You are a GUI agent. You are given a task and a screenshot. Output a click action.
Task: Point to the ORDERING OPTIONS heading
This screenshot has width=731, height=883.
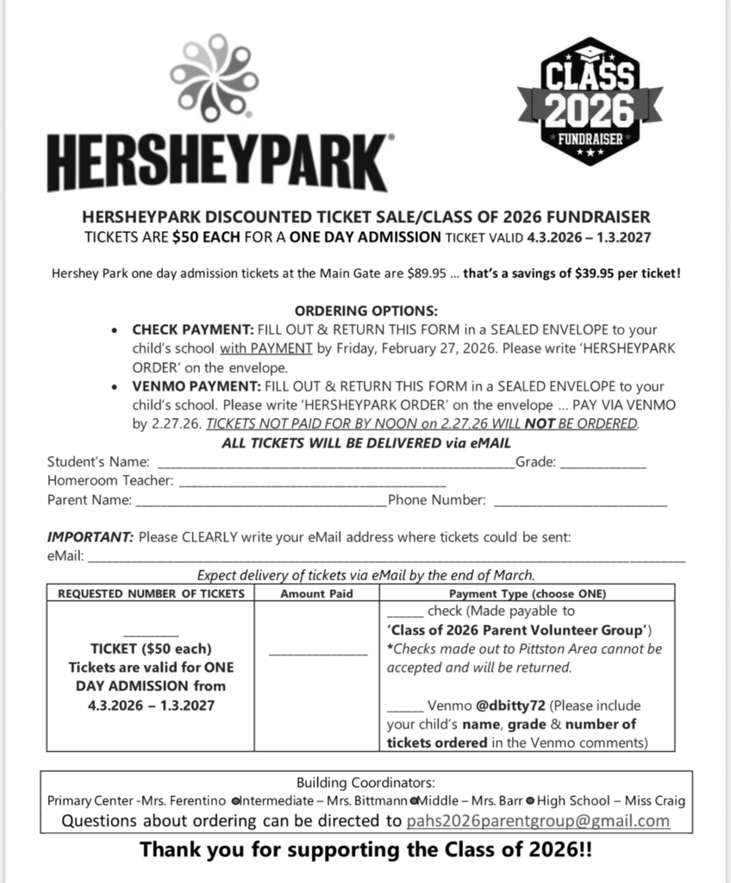tap(366, 310)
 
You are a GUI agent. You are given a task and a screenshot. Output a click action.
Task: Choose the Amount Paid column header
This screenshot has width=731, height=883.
tap(317, 594)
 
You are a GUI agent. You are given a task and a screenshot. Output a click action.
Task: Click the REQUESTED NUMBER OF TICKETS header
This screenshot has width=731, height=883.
tap(151, 594)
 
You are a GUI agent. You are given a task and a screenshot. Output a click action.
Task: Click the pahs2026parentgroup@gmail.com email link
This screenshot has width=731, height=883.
tap(538, 820)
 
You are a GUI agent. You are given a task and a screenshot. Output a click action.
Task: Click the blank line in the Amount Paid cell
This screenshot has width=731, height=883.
tap(317, 654)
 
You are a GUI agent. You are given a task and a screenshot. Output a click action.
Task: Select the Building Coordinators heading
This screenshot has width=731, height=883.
tap(365, 782)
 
